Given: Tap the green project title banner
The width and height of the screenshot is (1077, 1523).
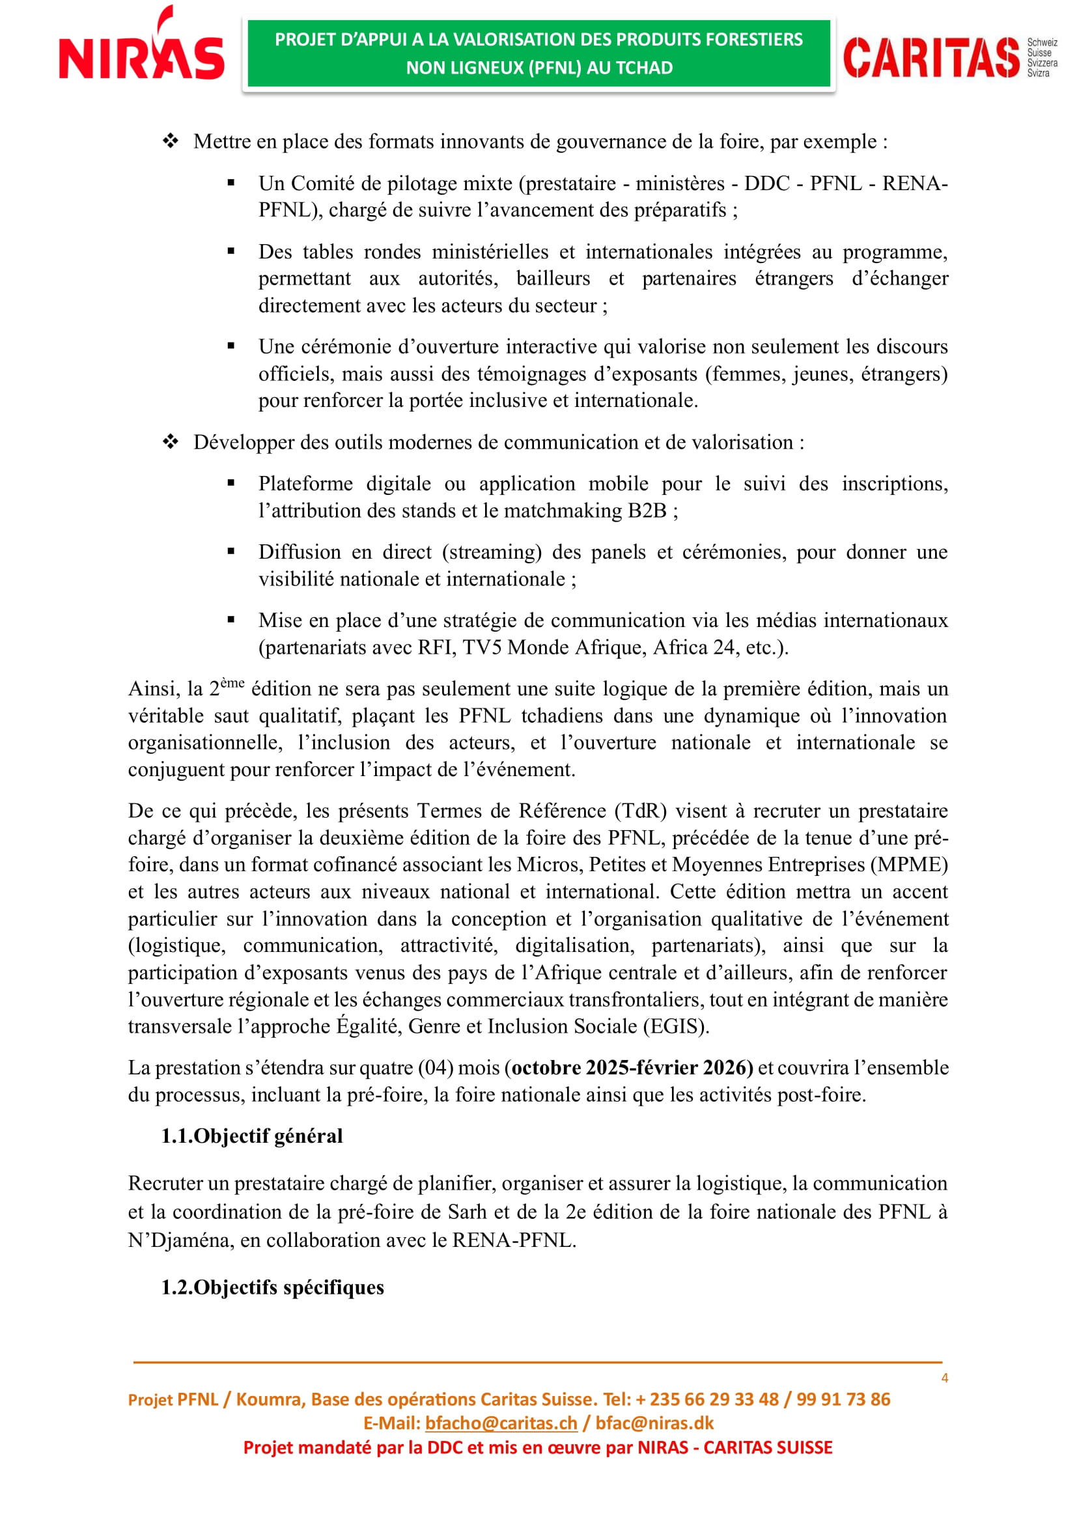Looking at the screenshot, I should pos(538,54).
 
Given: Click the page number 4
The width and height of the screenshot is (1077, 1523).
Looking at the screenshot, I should pos(944,1378).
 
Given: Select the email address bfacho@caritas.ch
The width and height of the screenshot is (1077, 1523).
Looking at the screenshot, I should pos(501,1423).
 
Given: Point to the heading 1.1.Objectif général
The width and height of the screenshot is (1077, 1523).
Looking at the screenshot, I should pos(252,1136).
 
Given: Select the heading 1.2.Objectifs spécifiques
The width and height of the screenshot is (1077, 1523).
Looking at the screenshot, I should pos(273,1287).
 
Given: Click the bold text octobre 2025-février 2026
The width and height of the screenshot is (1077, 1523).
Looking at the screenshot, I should pos(632,1067).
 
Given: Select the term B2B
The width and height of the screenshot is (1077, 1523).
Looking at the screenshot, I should pos(647,510).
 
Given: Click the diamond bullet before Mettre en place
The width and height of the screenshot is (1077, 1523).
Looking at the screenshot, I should pos(171,141).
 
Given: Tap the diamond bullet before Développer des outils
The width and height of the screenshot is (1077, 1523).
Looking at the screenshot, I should pos(171,441).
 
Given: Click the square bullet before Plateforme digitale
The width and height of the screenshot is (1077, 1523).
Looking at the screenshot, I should pos(231,484).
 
